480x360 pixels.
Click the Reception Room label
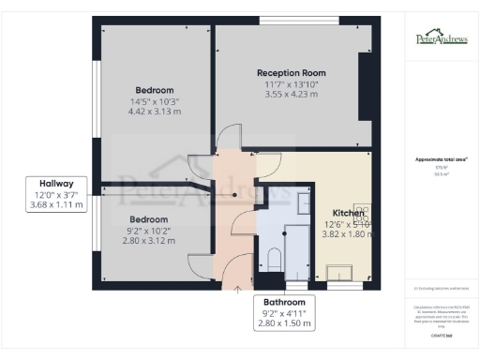292,73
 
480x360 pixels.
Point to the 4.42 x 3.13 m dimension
154,112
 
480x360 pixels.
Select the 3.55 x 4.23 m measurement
292,95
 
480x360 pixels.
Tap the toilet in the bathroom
274,257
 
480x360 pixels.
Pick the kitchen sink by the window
338,272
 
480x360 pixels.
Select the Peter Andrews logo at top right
442,38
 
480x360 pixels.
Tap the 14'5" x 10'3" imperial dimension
154,101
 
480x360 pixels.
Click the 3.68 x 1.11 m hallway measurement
58,204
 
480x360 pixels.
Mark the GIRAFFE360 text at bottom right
442,333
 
